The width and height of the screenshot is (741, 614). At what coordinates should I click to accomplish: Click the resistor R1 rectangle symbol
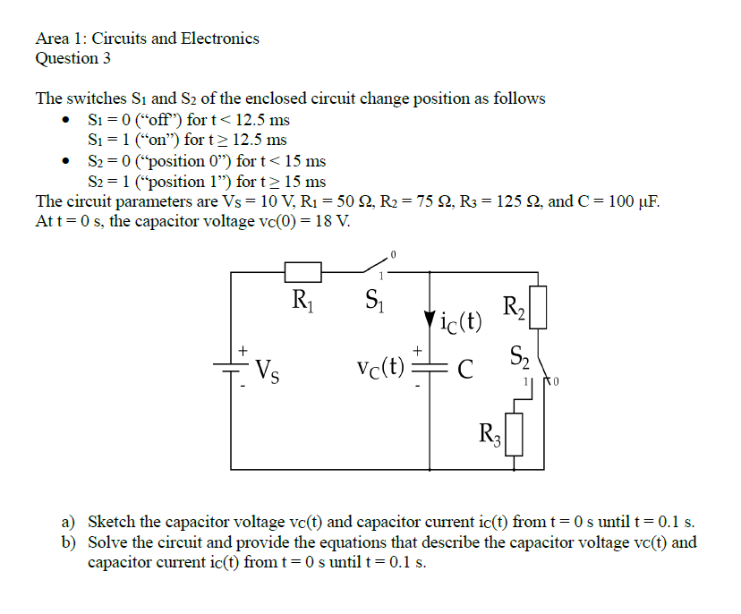tap(302, 272)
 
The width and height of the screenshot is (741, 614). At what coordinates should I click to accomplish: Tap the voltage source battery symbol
tap(231, 366)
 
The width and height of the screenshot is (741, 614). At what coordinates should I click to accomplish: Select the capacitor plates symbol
tap(431, 366)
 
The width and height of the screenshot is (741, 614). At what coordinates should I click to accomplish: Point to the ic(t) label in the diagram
tap(461, 320)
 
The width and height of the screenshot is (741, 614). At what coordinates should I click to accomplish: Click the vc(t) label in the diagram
tap(380, 366)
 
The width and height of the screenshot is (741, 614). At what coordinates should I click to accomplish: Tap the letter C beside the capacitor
tap(464, 367)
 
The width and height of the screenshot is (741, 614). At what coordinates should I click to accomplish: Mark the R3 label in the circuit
tap(489, 436)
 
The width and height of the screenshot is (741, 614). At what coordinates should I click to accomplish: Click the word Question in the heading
tap(61, 59)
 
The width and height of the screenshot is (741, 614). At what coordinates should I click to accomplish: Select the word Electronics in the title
tap(220, 38)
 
